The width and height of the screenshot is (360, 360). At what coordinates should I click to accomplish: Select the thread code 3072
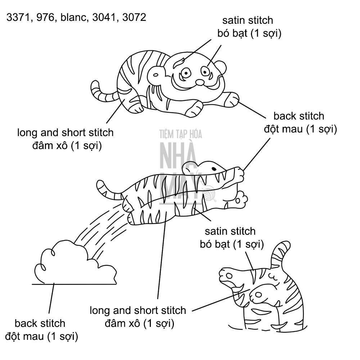(134, 17)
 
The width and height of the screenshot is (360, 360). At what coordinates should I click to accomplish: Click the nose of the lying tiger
(200, 82)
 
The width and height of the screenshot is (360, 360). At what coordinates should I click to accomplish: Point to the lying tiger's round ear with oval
(156, 75)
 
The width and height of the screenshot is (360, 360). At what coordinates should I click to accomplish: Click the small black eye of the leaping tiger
(214, 169)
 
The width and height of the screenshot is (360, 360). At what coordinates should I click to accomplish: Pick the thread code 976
(45, 17)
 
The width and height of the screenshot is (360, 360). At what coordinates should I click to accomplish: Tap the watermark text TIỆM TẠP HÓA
(181, 134)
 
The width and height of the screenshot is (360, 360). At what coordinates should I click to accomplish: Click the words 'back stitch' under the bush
(40, 323)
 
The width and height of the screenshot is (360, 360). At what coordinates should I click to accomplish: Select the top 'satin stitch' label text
(248, 21)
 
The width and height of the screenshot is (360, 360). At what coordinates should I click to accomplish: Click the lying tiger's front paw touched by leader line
(231, 99)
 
